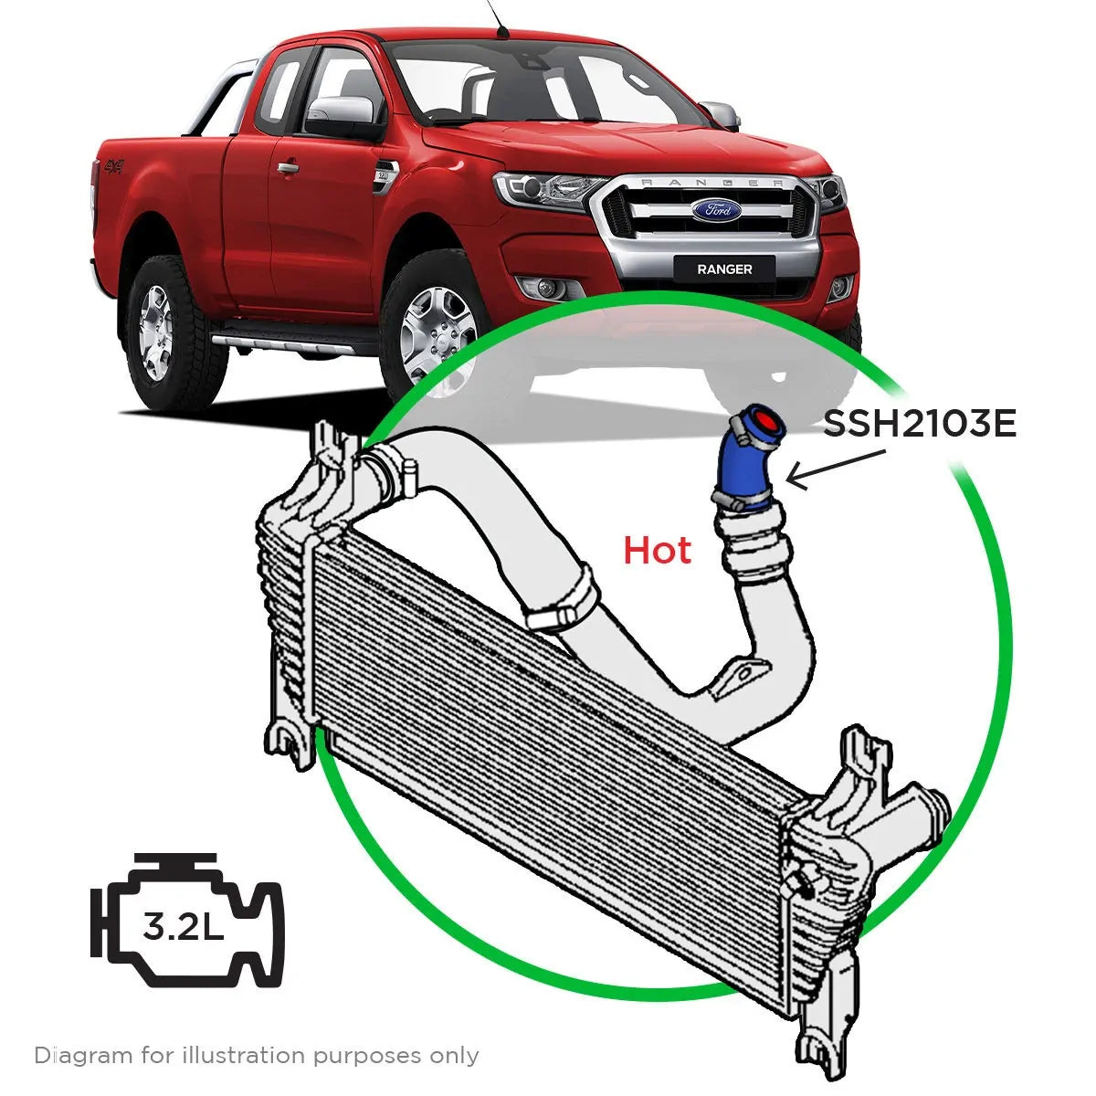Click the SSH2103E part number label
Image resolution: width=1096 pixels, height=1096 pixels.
[x=920, y=424]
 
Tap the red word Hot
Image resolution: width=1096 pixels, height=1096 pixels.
[x=657, y=551]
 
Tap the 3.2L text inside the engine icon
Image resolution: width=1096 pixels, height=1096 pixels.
[x=183, y=928]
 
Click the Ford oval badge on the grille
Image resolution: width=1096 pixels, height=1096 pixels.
[x=715, y=210]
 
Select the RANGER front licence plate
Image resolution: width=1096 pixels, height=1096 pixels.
[x=724, y=269]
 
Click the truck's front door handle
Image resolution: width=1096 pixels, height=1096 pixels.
[x=288, y=168]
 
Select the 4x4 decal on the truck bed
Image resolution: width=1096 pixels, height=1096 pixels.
[x=113, y=167]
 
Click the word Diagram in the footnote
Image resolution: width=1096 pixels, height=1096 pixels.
[x=82, y=1056]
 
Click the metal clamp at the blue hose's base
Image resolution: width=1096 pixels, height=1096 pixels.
[x=742, y=500]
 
